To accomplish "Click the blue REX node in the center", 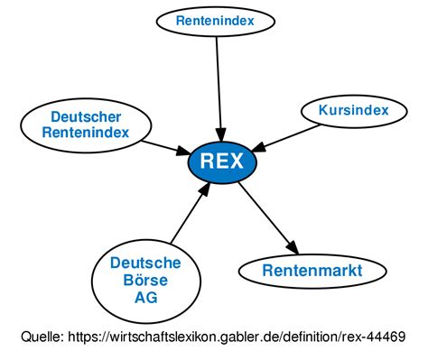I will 221,162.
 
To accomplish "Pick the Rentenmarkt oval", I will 312,270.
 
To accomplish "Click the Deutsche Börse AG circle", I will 144,279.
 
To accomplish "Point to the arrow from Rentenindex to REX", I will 217,86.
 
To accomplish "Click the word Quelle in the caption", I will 42,337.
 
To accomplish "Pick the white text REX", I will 221,162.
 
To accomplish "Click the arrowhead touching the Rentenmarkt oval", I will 293,247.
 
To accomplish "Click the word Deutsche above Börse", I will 144,263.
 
